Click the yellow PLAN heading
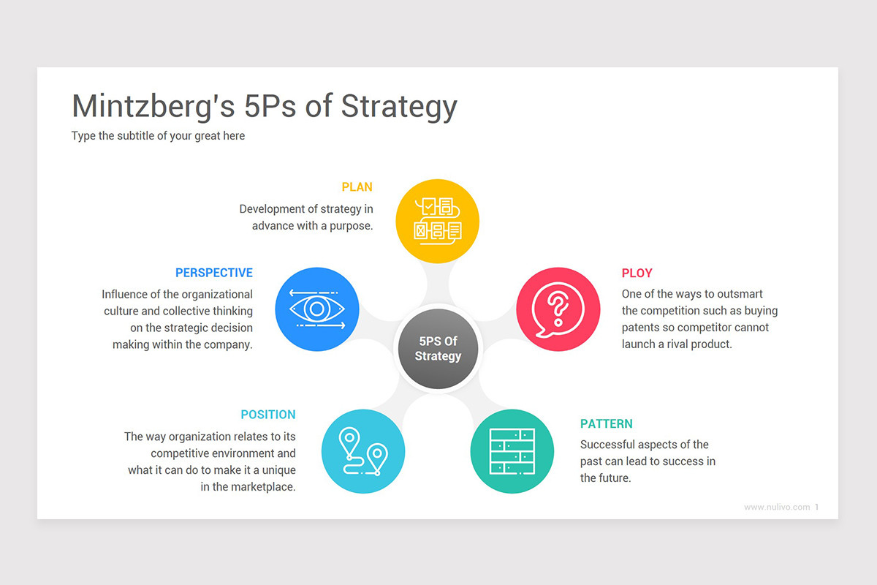point(357,187)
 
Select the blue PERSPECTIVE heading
point(213,273)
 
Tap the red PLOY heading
point(637,273)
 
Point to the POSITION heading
point(268,415)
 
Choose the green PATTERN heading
point(607,423)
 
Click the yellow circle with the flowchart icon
point(437,221)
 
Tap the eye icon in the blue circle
point(316,309)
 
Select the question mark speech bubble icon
point(558,309)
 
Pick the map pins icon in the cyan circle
point(363,451)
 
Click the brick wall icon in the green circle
point(512,451)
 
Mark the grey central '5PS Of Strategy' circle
point(438,348)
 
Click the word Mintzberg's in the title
point(153,107)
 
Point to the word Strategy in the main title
point(399,107)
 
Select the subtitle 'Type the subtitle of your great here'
point(158,135)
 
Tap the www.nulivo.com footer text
point(777,507)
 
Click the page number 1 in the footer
point(817,507)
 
